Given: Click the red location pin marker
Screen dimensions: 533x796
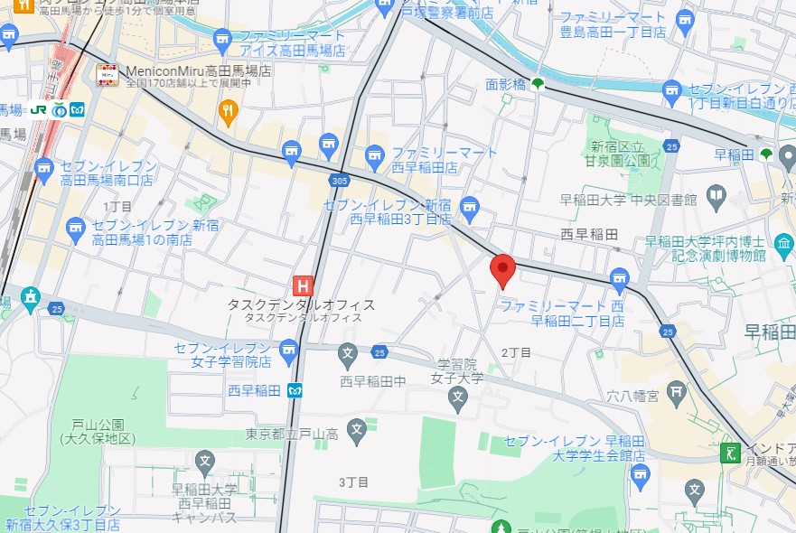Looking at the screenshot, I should click(502, 270).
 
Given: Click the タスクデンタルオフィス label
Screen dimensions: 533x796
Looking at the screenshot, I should click(301, 305).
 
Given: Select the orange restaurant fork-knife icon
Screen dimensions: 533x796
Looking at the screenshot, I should click(229, 112).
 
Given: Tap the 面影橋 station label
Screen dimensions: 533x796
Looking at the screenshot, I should click(506, 84).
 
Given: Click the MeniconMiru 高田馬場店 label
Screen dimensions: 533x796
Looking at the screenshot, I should click(188, 70).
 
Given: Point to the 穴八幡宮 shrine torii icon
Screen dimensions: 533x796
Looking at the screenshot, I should click(675, 389).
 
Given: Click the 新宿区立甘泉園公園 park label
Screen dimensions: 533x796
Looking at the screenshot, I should click(620, 153).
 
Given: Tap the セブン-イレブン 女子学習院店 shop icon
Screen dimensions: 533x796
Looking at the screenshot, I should click(288, 348).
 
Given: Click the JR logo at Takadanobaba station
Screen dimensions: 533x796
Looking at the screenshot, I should click(38, 108).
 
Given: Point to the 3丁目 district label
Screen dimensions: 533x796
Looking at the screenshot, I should click(354, 482).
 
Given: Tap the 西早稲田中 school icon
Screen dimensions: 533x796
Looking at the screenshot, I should click(348, 352).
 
